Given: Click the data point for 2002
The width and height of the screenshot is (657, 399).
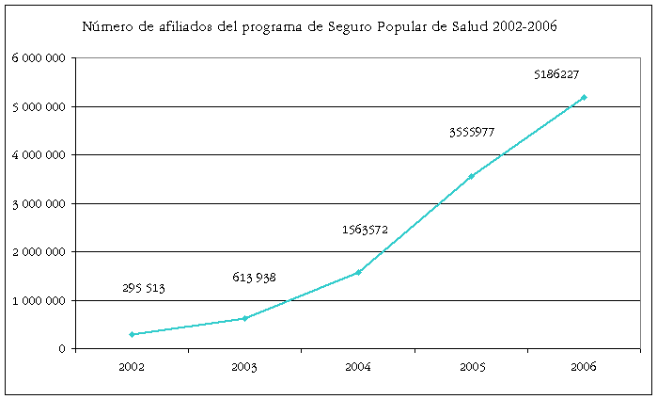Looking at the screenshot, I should click(x=132, y=334).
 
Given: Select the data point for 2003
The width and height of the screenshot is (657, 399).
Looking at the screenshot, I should click(x=244, y=318).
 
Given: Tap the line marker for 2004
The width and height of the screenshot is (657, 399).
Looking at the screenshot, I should click(x=358, y=272).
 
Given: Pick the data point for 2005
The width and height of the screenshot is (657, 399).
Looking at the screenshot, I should click(x=471, y=175).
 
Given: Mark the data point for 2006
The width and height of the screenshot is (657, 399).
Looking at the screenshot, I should click(x=584, y=97).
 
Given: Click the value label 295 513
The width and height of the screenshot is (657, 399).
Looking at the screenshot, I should click(x=144, y=289).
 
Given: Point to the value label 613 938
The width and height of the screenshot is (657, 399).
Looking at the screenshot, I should click(x=254, y=278).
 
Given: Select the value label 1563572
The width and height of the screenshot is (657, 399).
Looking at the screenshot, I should click(x=365, y=230).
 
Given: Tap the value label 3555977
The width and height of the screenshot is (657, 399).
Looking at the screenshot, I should click(x=471, y=133).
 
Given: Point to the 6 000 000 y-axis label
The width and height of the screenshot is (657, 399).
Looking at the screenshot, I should click(x=39, y=58).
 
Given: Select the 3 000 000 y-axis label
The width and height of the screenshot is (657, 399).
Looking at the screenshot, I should click(x=39, y=203).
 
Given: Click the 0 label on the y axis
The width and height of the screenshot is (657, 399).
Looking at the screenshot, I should click(x=62, y=349).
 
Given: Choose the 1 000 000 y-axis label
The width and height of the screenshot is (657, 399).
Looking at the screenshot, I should click(x=39, y=301).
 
